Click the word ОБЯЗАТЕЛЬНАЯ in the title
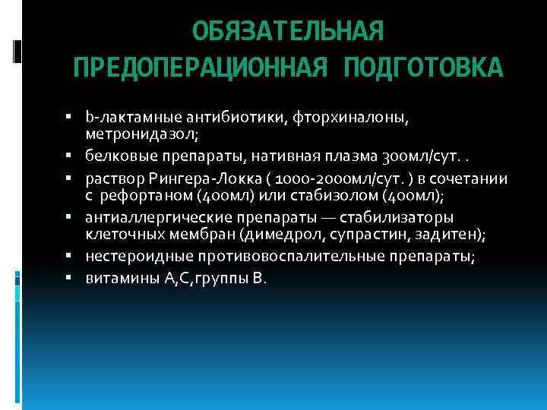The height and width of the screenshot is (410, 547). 288,31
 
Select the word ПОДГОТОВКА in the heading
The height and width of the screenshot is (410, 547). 423,68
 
